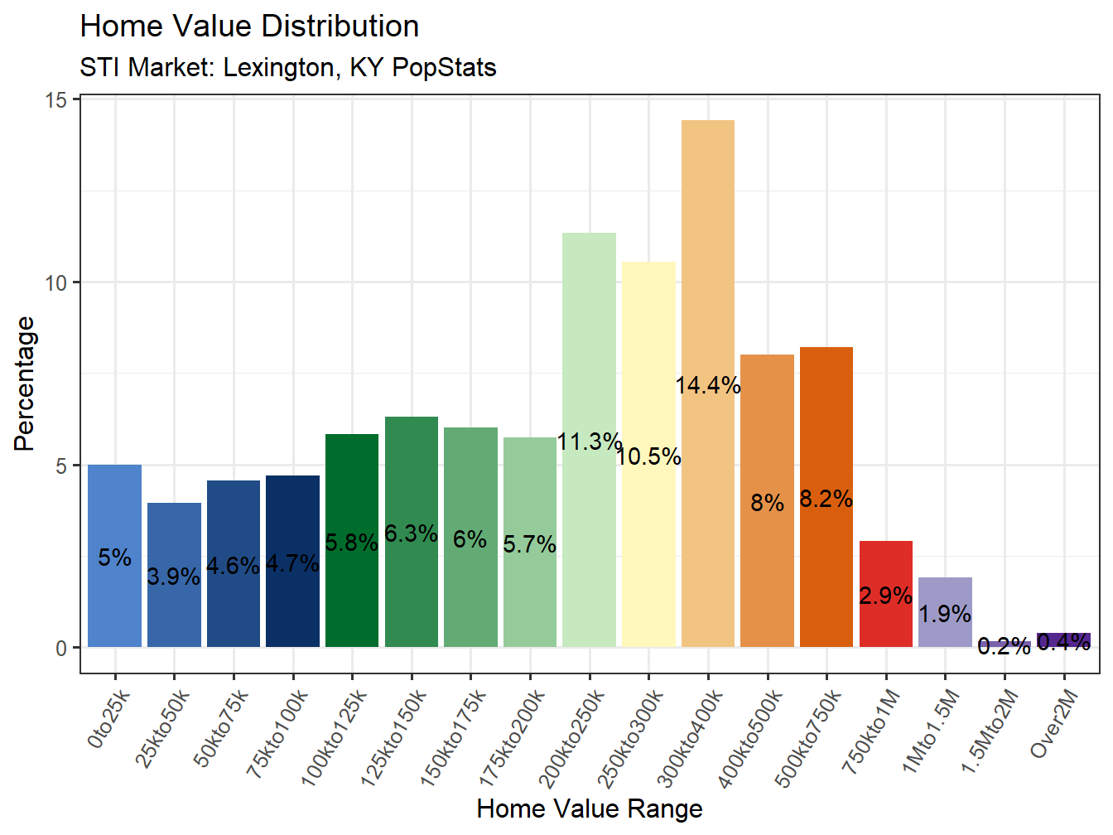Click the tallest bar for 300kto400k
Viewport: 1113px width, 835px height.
[x=708, y=249]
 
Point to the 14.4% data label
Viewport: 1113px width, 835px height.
[x=708, y=385]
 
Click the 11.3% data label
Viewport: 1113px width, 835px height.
[x=589, y=442]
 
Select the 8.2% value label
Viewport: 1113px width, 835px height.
[x=826, y=499]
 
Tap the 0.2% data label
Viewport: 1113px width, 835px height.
[x=1004, y=646]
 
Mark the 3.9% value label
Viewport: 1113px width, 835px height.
[x=174, y=577]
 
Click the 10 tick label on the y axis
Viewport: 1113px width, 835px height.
[x=55, y=283]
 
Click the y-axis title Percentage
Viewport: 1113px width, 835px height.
[x=25, y=384]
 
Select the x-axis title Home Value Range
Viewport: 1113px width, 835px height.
[x=590, y=808]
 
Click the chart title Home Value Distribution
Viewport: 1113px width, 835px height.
[x=249, y=27]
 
